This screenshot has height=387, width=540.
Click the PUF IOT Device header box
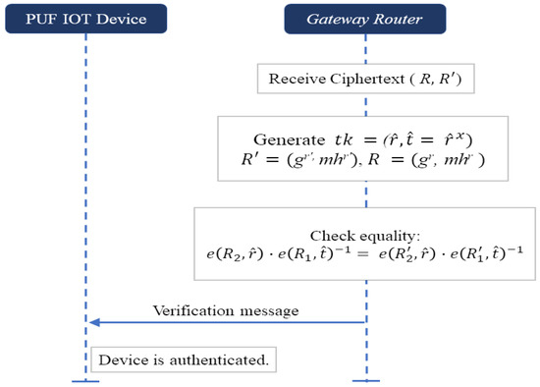click(x=86, y=18)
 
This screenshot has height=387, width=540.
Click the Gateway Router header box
click(x=365, y=18)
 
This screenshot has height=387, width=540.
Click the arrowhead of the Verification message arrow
click(x=92, y=322)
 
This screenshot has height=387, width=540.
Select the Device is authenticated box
click(x=182, y=359)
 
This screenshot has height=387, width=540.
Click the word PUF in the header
click(x=47, y=18)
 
